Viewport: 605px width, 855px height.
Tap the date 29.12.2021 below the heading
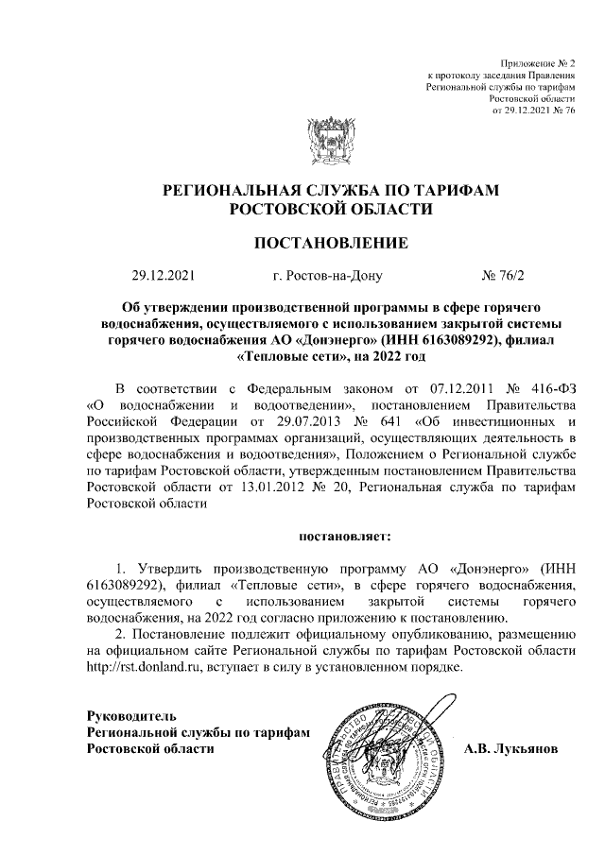[x=162, y=277]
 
